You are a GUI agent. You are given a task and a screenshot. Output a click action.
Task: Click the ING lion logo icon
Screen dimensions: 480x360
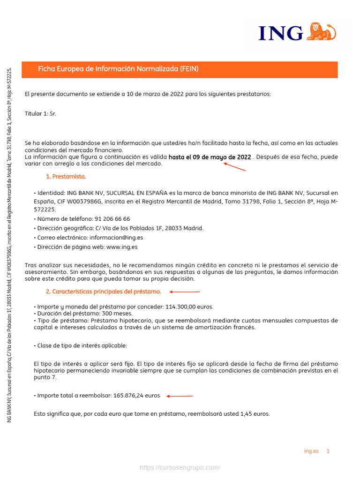click(322, 32)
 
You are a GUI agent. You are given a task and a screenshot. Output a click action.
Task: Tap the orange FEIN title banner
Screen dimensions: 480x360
click(180, 69)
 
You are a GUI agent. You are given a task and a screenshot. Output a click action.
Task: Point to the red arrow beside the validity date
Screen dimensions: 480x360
click(235, 167)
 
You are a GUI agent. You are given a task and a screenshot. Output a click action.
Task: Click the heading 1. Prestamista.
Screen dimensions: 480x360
click(66, 177)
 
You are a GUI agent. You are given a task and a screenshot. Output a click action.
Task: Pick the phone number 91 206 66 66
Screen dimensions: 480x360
click(112, 219)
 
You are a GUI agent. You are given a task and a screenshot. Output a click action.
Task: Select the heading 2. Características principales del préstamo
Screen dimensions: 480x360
click(103, 292)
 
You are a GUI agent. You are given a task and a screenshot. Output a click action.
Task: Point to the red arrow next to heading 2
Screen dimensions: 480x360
click(185, 292)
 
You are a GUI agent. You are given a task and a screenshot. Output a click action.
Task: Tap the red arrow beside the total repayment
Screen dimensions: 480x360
click(180, 396)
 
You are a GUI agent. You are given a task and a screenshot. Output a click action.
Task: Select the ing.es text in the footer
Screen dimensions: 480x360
click(311, 451)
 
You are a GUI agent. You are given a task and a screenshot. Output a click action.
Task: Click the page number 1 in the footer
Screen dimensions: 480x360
click(328, 451)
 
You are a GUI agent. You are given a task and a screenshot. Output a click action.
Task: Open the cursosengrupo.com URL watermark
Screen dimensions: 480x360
click(180, 468)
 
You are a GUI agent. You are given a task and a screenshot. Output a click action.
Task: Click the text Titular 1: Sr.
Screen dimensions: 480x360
click(40, 113)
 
